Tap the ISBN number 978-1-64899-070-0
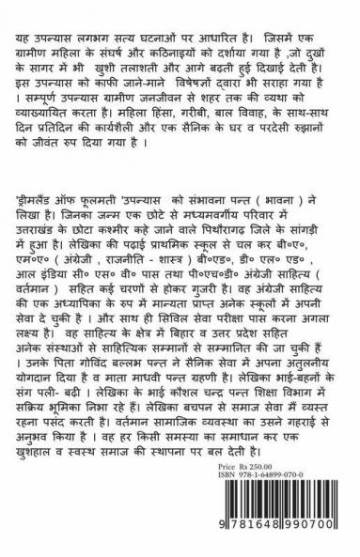point(274,500)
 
